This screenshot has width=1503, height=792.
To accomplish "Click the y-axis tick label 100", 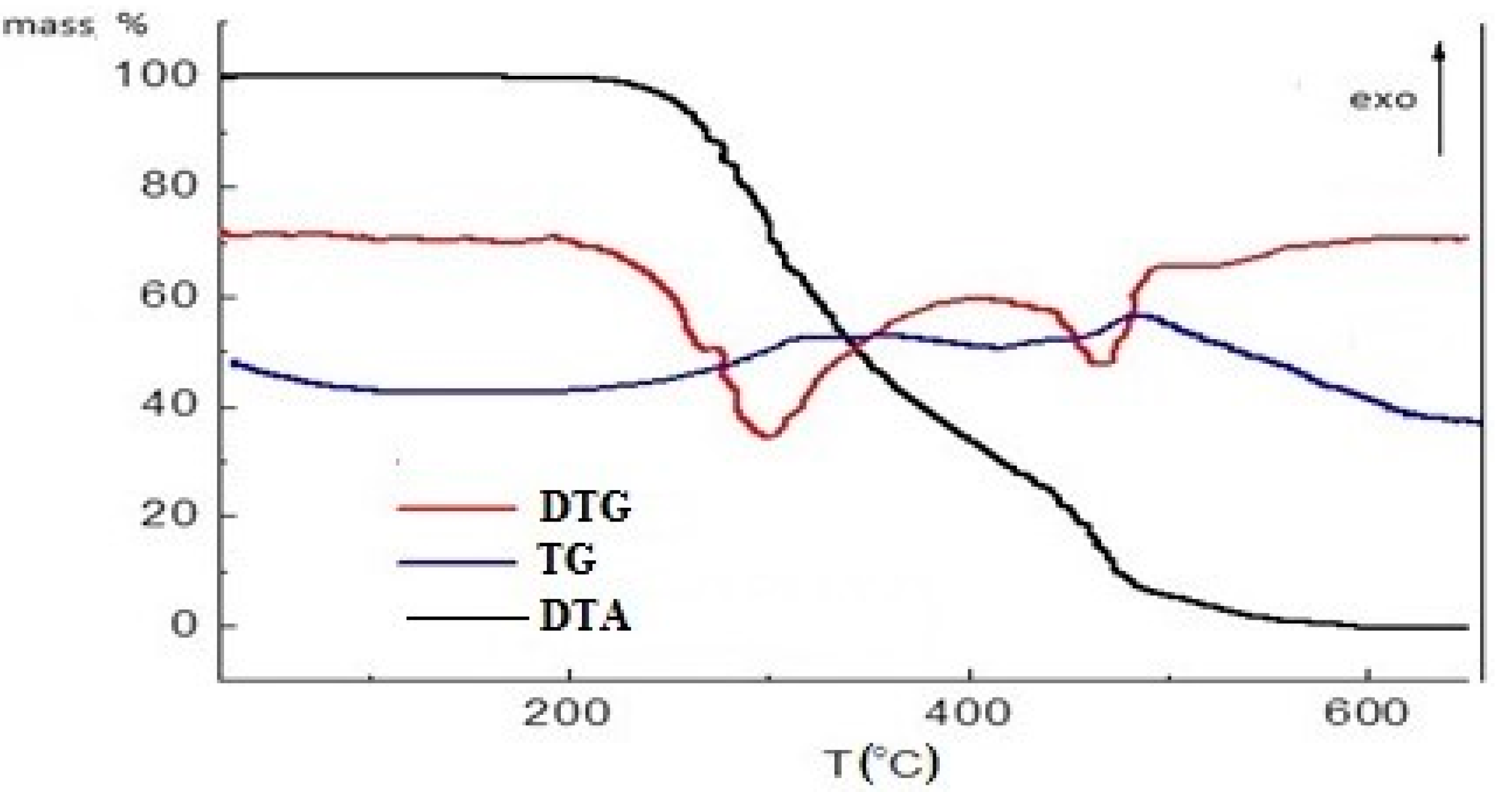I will pyautogui.click(x=155, y=76).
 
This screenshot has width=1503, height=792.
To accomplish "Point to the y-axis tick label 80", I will pyautogui.click(x=169, y=186).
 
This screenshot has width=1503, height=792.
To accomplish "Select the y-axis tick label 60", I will pyautogui.click(x=169, y=297).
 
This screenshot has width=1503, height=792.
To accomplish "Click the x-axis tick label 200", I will pyautogui.click(x=567, y=713).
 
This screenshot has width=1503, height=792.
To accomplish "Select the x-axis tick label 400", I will pyautogui.click(x=967, y=713).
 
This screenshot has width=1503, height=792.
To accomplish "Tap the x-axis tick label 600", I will pyautogui.click(x=1366, y=713).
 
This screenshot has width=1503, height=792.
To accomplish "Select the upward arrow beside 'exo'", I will pyautogui.click(x=1439, y=99).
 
